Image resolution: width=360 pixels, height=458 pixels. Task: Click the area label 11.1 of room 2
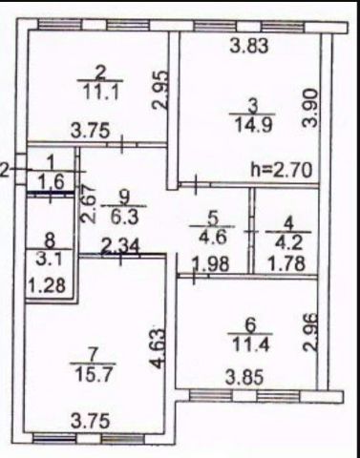(101, 93)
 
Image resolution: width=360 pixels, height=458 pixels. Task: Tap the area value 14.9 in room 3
(253, 124)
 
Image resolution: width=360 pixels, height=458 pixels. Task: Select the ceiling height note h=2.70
(282, 170)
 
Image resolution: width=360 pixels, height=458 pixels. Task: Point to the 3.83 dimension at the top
(249, 46)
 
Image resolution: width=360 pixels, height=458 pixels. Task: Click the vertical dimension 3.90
(310, 108)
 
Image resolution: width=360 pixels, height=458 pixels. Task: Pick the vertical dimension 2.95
(159, 90)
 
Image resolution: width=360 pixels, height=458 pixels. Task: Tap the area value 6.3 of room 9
(124, 218)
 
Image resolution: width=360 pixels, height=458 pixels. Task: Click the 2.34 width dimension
(120, 247)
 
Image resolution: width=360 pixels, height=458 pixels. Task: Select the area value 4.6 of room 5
(212, 237)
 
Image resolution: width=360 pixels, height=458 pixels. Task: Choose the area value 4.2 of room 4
(288, 241)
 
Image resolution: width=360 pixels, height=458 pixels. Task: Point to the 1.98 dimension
(210, 263)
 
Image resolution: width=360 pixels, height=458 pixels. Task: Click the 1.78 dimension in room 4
(287, 263)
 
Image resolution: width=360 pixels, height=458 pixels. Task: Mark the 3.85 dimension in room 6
(244, 378)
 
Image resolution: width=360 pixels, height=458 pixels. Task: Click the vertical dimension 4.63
(159, 348)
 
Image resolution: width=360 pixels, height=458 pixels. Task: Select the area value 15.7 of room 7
(93, 374)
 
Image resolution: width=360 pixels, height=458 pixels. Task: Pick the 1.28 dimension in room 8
(47, 285)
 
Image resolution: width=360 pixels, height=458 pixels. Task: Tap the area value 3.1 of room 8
(50, 260)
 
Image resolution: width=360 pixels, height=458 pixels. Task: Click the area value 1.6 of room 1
(52, 182)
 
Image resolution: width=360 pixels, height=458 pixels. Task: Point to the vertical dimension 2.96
(310, 332)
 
